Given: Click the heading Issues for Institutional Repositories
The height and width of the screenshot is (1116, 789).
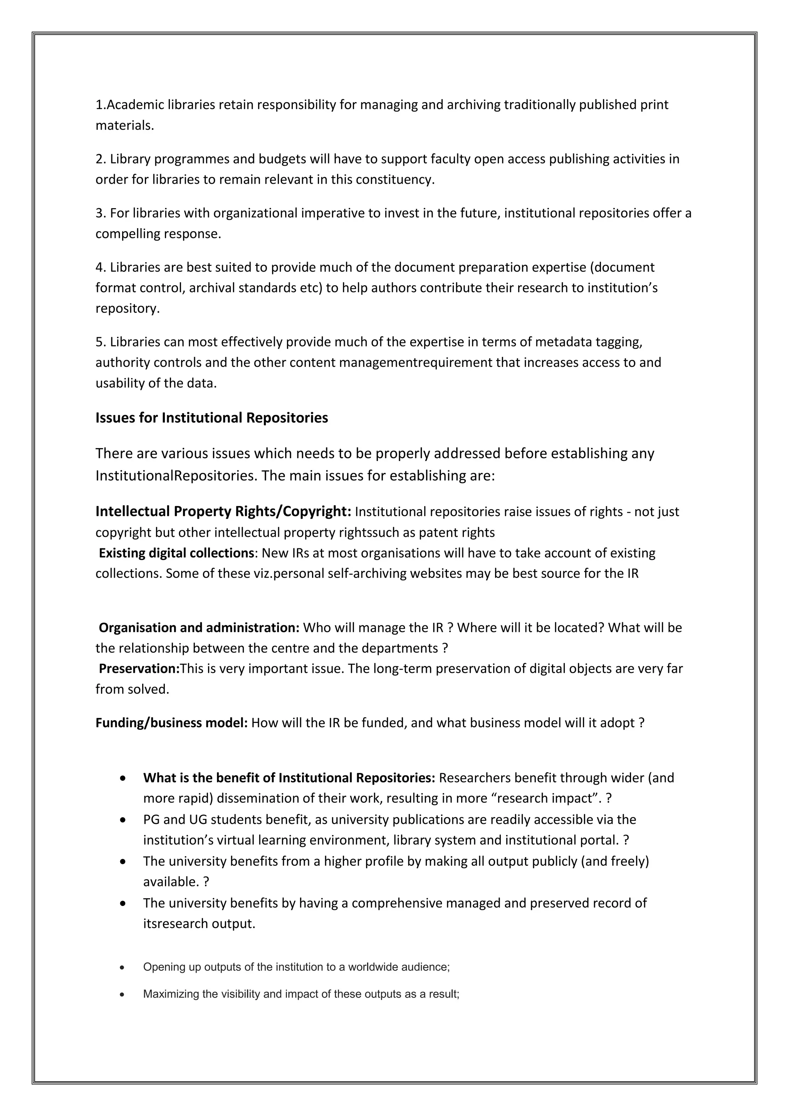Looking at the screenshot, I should tap(212, 418).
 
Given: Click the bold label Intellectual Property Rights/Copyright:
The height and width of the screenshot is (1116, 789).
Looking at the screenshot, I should tap(223, 511).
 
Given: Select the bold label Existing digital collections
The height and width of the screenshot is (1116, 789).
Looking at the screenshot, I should tap(176, 553).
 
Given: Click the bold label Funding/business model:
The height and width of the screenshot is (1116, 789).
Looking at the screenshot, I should tap(171, 723).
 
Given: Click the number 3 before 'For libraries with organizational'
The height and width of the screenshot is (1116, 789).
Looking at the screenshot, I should tap(99, 213).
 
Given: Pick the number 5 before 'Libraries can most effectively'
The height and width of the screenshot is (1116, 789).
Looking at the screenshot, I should tap(99, 342).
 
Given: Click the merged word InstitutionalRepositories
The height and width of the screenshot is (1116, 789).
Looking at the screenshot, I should tap(175, 476).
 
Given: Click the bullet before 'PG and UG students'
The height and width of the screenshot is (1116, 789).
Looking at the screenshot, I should tap(123, 820).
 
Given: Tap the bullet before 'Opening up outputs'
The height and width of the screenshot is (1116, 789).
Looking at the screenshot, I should tap(123, 968).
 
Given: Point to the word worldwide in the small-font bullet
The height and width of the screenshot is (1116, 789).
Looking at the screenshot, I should tap(376, 967).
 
